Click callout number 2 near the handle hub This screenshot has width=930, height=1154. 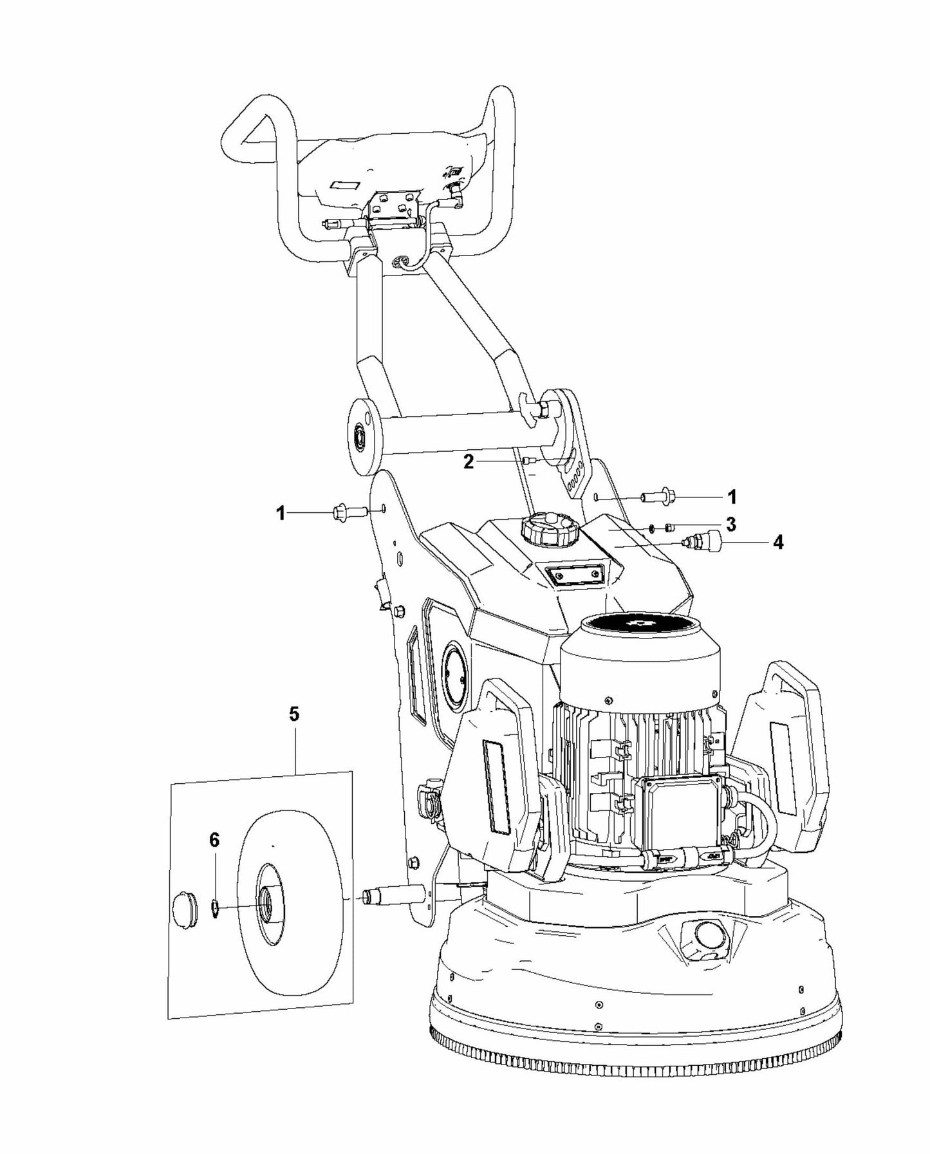469,461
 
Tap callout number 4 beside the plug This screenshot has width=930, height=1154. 777,543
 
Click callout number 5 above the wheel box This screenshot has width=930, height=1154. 295,714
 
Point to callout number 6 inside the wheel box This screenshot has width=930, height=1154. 214,840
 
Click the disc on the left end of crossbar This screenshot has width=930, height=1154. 362,436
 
